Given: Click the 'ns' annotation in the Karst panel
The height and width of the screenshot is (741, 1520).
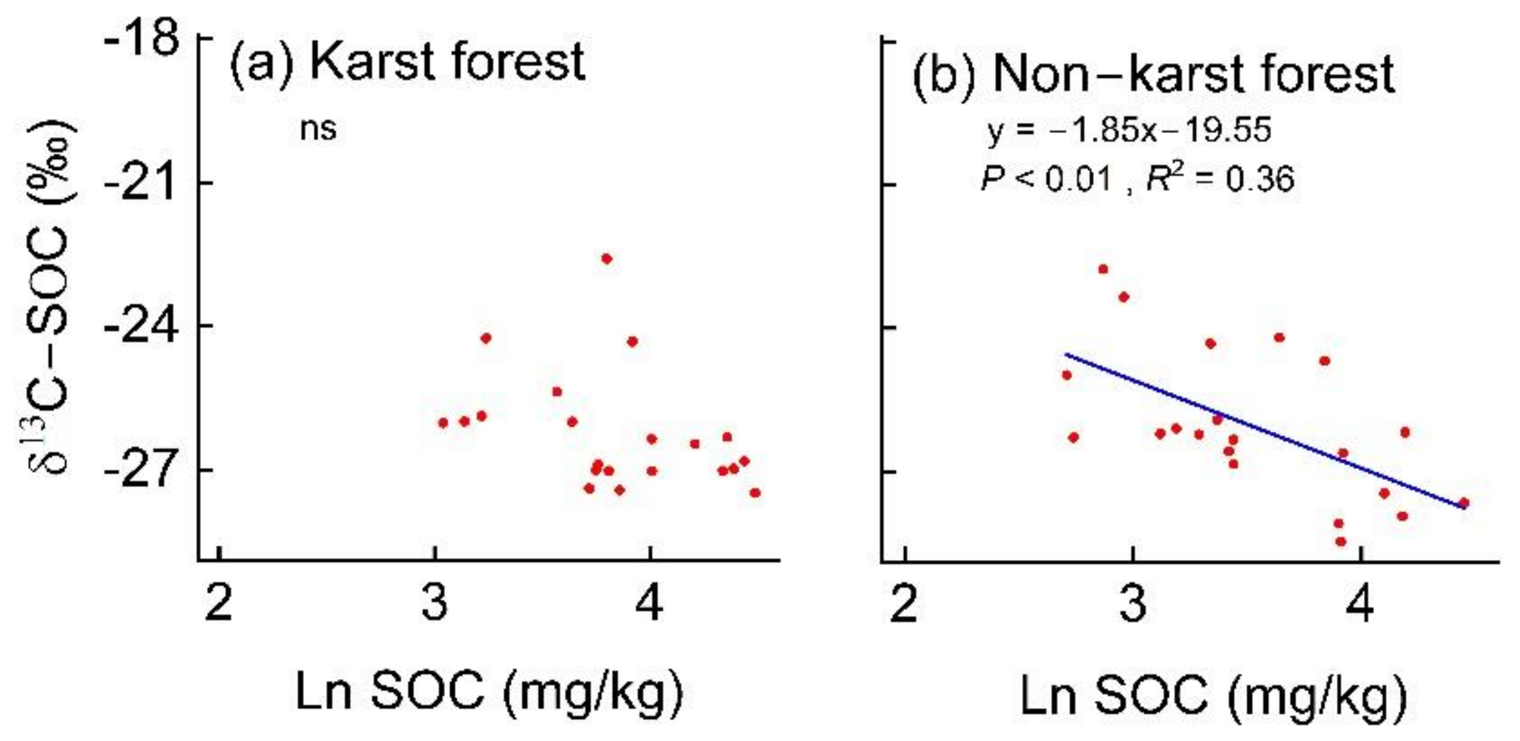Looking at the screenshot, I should point(318,129).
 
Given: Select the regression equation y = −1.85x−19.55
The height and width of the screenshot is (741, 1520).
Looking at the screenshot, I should point(1129,130).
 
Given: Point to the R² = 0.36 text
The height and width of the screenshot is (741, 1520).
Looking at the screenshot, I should point(1220,179).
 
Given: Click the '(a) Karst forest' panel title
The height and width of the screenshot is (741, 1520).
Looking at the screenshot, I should point(407,63).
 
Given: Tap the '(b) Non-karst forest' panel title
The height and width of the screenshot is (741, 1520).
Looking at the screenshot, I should point(1154,74).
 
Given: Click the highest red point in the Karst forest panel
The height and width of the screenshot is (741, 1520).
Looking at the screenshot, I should point(606,258).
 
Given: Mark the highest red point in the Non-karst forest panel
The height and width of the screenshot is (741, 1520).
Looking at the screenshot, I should point(1103,269).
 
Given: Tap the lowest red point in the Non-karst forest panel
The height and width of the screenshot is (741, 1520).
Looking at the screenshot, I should point(1341,541).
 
